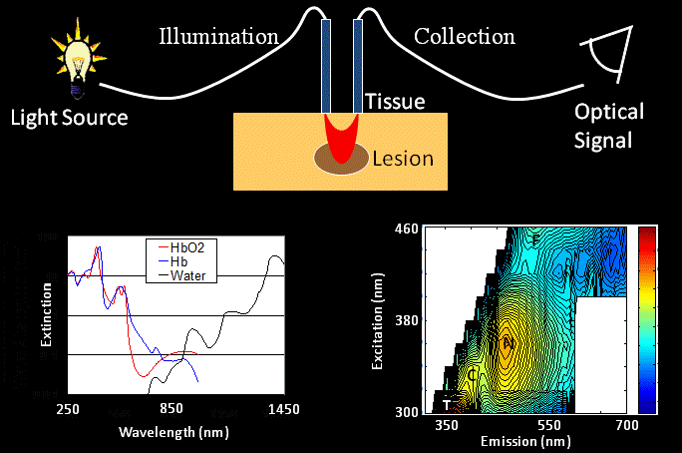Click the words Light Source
[69, 118]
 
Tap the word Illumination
[218, 38]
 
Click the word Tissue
[396, 102]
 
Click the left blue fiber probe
[326, 66]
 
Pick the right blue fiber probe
[359, 66]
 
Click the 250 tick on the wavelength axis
[68, 410]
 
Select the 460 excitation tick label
[406, 230]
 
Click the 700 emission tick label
[626, 425]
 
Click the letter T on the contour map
[446, 405]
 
